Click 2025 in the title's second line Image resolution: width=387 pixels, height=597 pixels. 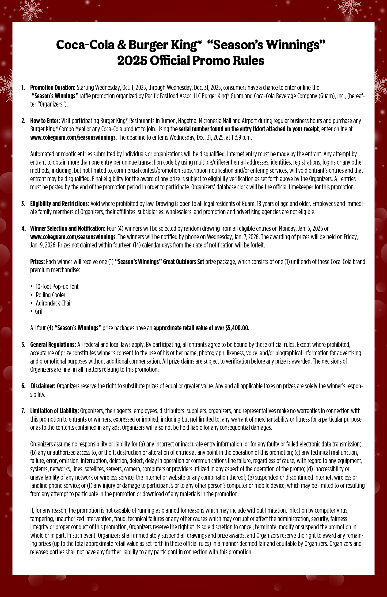132,61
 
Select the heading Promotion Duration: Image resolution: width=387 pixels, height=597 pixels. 53,88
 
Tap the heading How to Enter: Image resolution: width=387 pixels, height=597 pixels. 45,121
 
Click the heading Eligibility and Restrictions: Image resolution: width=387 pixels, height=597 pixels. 60,204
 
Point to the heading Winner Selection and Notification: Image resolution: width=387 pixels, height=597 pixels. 68,228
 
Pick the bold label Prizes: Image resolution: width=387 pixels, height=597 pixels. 38,262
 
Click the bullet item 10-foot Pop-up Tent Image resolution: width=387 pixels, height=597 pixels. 57,287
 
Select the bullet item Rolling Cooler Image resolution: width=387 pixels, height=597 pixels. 50,295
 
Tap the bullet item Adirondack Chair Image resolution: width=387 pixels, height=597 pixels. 54,303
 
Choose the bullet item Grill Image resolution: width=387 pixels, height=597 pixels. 39,312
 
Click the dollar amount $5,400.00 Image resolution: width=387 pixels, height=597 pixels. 237,328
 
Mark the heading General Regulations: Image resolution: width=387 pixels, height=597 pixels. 53,345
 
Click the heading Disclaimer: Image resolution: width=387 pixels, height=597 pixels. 43,386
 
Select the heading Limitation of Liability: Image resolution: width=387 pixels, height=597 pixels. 54,411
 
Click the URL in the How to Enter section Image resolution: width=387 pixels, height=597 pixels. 73,137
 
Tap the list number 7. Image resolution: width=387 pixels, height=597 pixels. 23,411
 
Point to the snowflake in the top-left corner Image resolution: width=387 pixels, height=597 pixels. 31,10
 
